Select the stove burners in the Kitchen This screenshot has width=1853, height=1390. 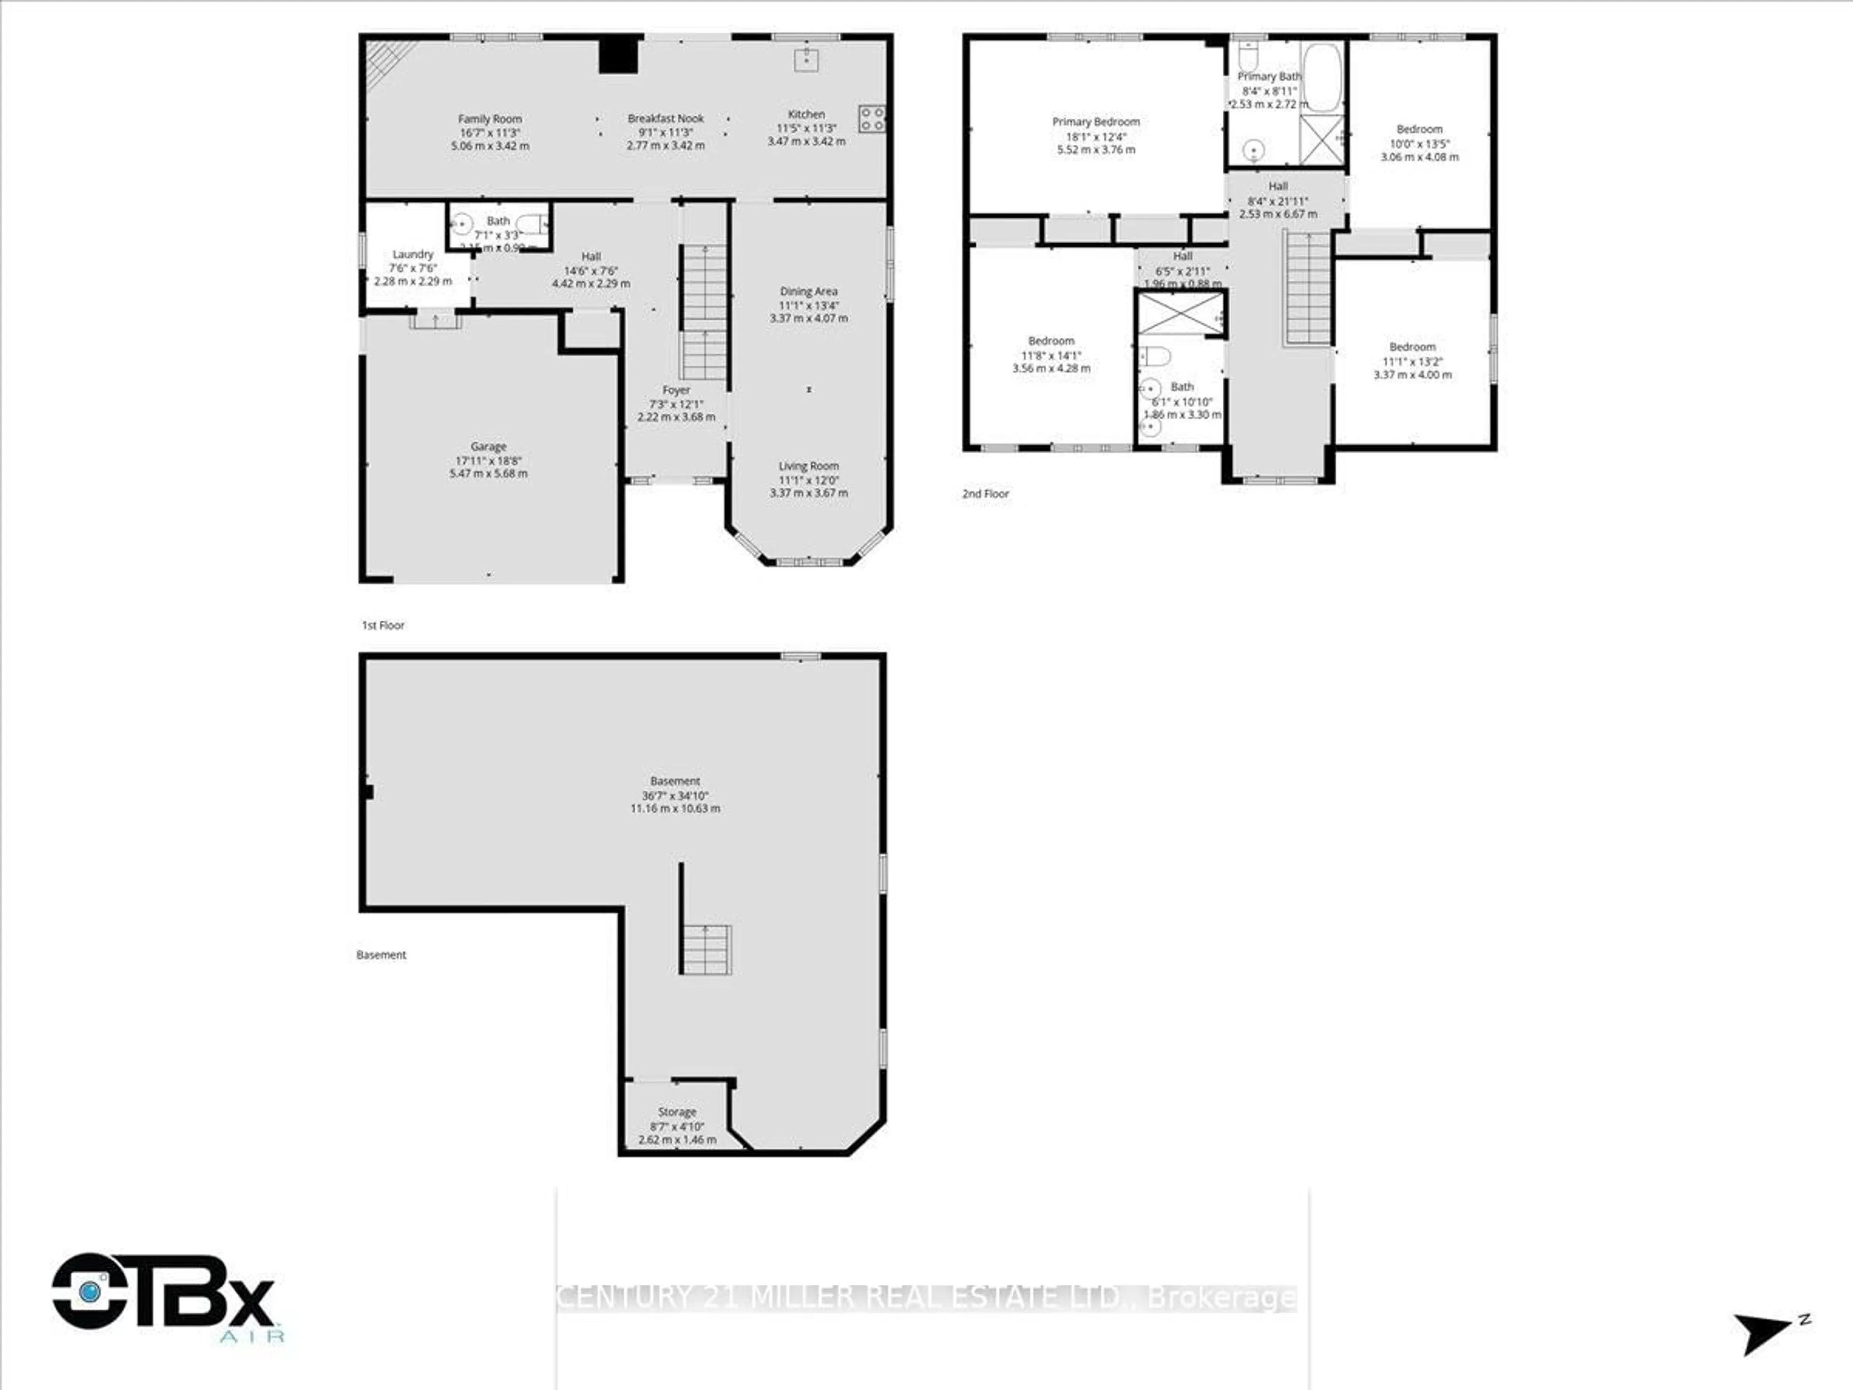(871, 118)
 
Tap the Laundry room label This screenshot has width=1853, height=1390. (413, 254)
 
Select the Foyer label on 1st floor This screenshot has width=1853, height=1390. (676, 390)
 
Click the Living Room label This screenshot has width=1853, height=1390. (808, 466)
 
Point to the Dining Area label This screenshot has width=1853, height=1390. (808, 292)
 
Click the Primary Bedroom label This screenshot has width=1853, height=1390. (1096, 122)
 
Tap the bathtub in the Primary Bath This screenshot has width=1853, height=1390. (1322, 77)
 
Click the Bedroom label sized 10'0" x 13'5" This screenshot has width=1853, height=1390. (1419, 129)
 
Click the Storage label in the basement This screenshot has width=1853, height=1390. (677, 1112)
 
